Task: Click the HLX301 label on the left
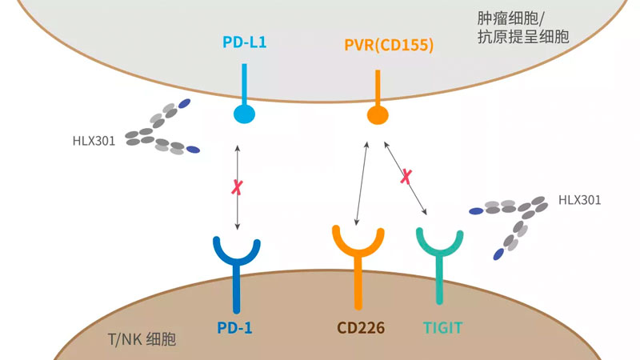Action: [x=93, y=142]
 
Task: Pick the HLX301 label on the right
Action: [x=580, y=200]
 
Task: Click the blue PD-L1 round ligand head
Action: [x=244, y=114]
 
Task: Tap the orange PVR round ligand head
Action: [x=378, y=114]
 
